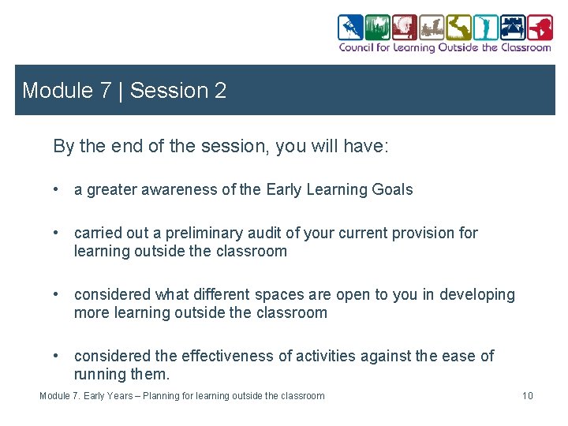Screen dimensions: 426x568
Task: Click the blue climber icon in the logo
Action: (350, 28)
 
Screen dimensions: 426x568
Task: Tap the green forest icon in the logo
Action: (378, 28)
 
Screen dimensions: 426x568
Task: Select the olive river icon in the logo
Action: (458, 28)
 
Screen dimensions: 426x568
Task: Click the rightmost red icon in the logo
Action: (540, 28)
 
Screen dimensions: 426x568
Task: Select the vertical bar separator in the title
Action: (120, 91)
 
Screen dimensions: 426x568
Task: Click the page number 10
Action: (527, 395)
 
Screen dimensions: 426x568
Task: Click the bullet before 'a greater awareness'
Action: (58, 189)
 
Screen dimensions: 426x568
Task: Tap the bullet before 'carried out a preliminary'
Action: (58, 233)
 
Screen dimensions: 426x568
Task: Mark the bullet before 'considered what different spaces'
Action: (58, 294)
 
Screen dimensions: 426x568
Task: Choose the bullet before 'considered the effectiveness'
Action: (58, 356)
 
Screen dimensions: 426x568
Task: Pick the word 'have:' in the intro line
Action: (368, 146)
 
